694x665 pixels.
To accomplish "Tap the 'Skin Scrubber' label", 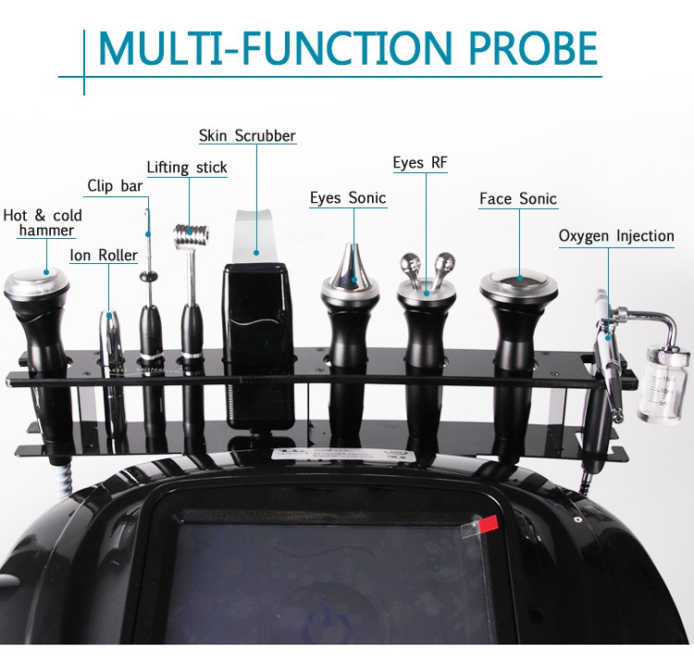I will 247,136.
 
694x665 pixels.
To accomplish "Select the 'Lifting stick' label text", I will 186,168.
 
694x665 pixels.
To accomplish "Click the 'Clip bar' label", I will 115,186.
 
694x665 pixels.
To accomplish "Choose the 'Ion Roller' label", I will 104,255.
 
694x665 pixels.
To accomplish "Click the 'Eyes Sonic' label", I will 348,198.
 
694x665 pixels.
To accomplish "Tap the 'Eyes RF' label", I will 420,163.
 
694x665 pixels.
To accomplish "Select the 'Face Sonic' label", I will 518,199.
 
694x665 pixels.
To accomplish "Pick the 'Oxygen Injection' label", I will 616,236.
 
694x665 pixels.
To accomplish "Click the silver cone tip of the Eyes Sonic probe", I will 349,265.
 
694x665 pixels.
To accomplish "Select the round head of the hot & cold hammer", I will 36,281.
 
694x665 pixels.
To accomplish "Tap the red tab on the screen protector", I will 483,523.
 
